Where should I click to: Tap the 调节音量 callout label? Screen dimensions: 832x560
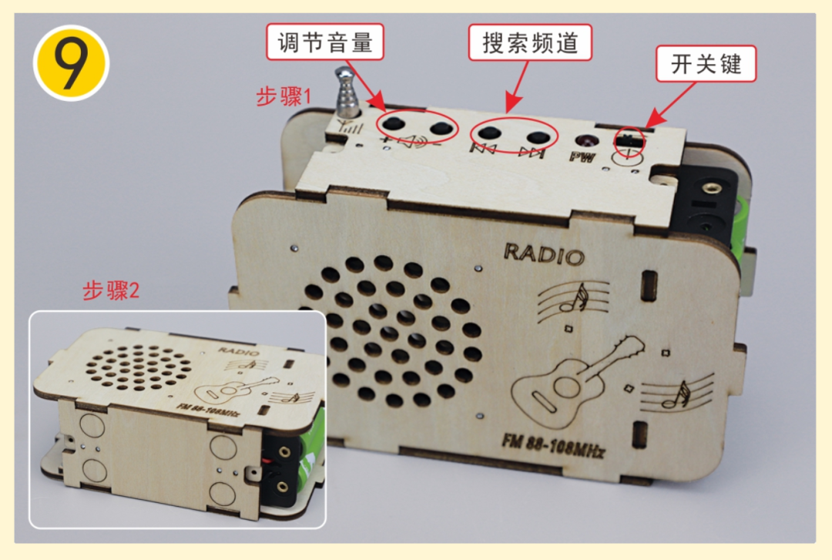[325, 42]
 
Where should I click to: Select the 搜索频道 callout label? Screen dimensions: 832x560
[529, 42]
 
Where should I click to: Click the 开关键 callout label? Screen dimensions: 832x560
[706, 64]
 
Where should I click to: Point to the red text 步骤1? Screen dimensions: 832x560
[283, 96]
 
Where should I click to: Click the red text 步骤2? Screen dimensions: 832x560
[111, 290]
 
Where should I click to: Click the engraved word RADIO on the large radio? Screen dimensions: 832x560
[544, 254]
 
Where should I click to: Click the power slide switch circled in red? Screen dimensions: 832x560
[629, 141]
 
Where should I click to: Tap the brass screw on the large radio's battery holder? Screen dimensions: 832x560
[709, 188]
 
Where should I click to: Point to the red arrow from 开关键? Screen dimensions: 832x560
[671, 104]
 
